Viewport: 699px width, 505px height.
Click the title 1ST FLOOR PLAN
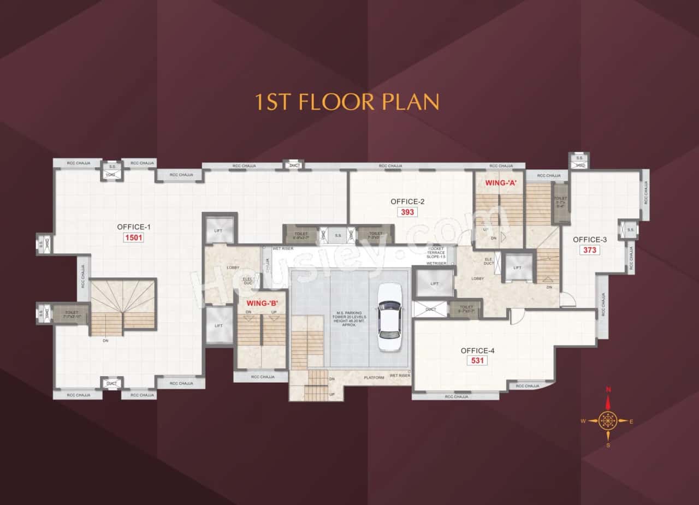click(347, 102)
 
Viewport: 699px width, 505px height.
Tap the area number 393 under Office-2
click(407, 212)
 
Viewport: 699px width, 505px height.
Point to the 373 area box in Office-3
click(590, 250)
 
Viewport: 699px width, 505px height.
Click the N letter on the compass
click(608, 390)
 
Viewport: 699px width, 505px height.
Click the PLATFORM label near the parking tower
click(375, 377)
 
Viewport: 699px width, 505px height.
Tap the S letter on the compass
click(608, 445)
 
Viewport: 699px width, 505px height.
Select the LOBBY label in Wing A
click(478, 278)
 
